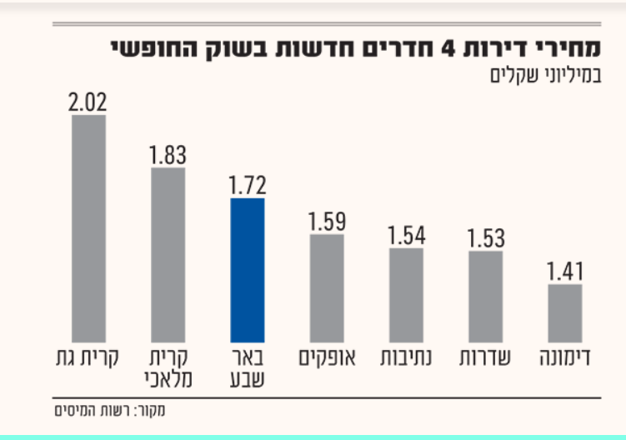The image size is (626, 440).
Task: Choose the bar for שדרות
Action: click(485, 293)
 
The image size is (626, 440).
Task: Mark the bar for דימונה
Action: click(564, 310)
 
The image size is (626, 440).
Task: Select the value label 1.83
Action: click(168, 155)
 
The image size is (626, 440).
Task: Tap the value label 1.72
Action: click(247, 185)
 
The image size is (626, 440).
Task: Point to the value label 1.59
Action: click(326, 222)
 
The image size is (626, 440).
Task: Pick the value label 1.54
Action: click(405, 235)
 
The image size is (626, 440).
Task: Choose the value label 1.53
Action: click(485, 238)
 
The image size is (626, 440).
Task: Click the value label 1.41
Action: click(564, 272)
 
